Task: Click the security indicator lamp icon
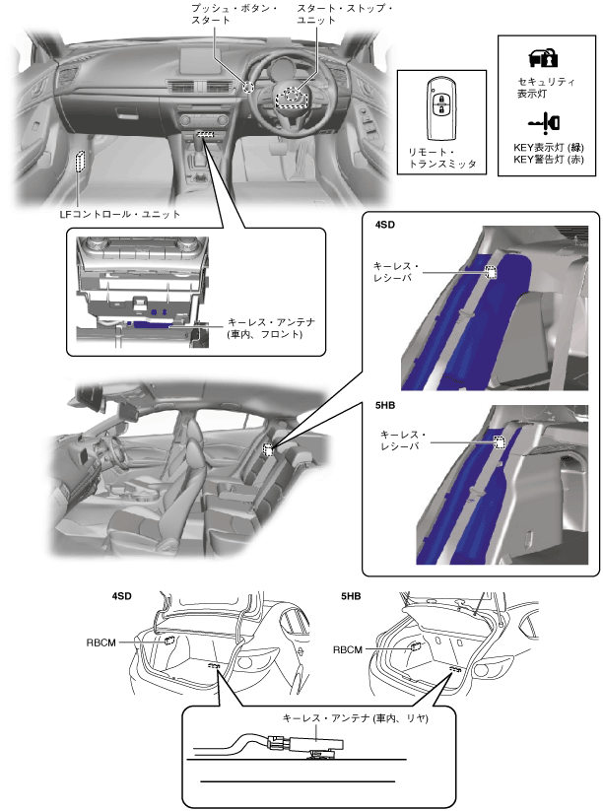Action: point(543,58)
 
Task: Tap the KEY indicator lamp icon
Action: point(544,123)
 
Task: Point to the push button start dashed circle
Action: point(248,87)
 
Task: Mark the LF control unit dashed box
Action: point(80,161)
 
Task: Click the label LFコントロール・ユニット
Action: point(119,214)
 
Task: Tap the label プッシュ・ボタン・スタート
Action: point(234,14)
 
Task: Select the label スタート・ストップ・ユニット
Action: point(345,14)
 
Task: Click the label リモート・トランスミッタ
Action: point(442,158)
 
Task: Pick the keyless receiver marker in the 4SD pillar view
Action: point(491,272)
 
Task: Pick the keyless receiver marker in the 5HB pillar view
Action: point(500,442)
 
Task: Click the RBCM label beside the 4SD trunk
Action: point(100,642)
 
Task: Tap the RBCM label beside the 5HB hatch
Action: point(348,649)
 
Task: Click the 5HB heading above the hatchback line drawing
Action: point(351,596)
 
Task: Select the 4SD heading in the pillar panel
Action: point(385,225)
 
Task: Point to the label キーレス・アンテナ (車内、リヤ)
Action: point(356,718)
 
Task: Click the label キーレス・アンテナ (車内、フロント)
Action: point(271,328)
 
